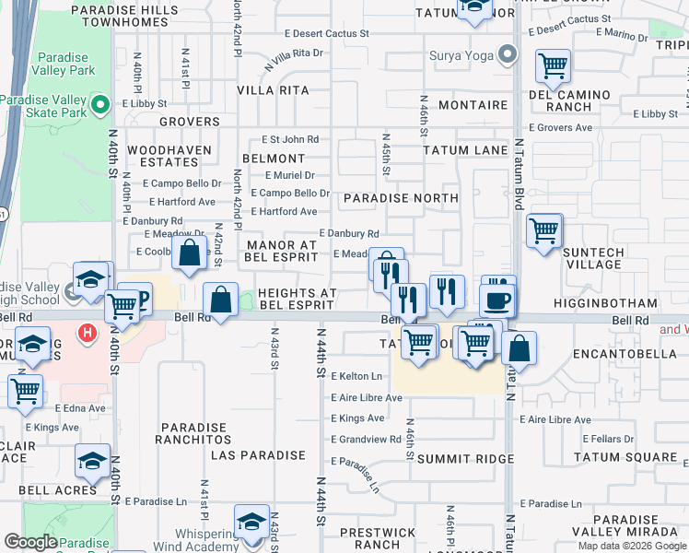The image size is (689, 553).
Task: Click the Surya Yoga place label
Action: tap(461, 54)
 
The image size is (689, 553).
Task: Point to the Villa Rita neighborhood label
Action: tap(273, 90)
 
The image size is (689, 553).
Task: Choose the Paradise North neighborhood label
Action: tap(401, 198)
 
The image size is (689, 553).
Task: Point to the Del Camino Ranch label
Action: tap(570, 100)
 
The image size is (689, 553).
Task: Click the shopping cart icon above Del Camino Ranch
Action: tap(552, 65)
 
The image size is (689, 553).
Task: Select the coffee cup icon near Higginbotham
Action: tap(497, 300)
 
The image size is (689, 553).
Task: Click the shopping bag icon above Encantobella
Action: tap(520, 349)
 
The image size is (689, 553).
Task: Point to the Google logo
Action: tap(31, 542)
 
